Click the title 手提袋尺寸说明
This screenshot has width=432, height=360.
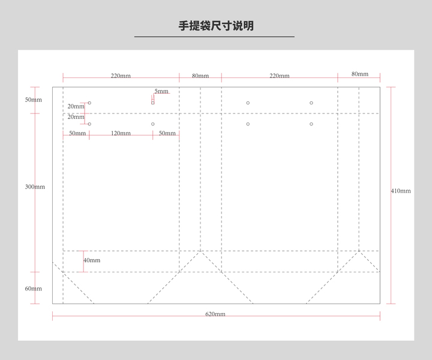216,26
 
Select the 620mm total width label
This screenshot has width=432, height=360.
215,314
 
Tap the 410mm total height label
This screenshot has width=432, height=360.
401,191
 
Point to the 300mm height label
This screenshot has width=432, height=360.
35,187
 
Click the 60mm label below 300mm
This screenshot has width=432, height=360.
34,289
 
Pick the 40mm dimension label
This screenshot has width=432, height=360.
92,260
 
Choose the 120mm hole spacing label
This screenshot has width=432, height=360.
121,133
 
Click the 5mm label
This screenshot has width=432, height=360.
161,91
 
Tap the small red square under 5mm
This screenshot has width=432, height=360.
153,103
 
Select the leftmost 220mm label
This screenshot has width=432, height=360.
121,76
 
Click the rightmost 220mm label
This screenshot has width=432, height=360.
280,76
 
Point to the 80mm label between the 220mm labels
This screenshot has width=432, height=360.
200,76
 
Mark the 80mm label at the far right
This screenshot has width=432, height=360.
360,74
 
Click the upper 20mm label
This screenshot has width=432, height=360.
76,106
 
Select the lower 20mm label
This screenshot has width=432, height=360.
76,117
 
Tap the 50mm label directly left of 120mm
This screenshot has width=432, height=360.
77,133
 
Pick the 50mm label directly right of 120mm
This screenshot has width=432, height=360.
167,133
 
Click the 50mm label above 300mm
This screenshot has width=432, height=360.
34,100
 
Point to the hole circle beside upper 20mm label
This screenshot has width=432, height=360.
89,103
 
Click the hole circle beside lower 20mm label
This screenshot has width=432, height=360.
89,124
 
